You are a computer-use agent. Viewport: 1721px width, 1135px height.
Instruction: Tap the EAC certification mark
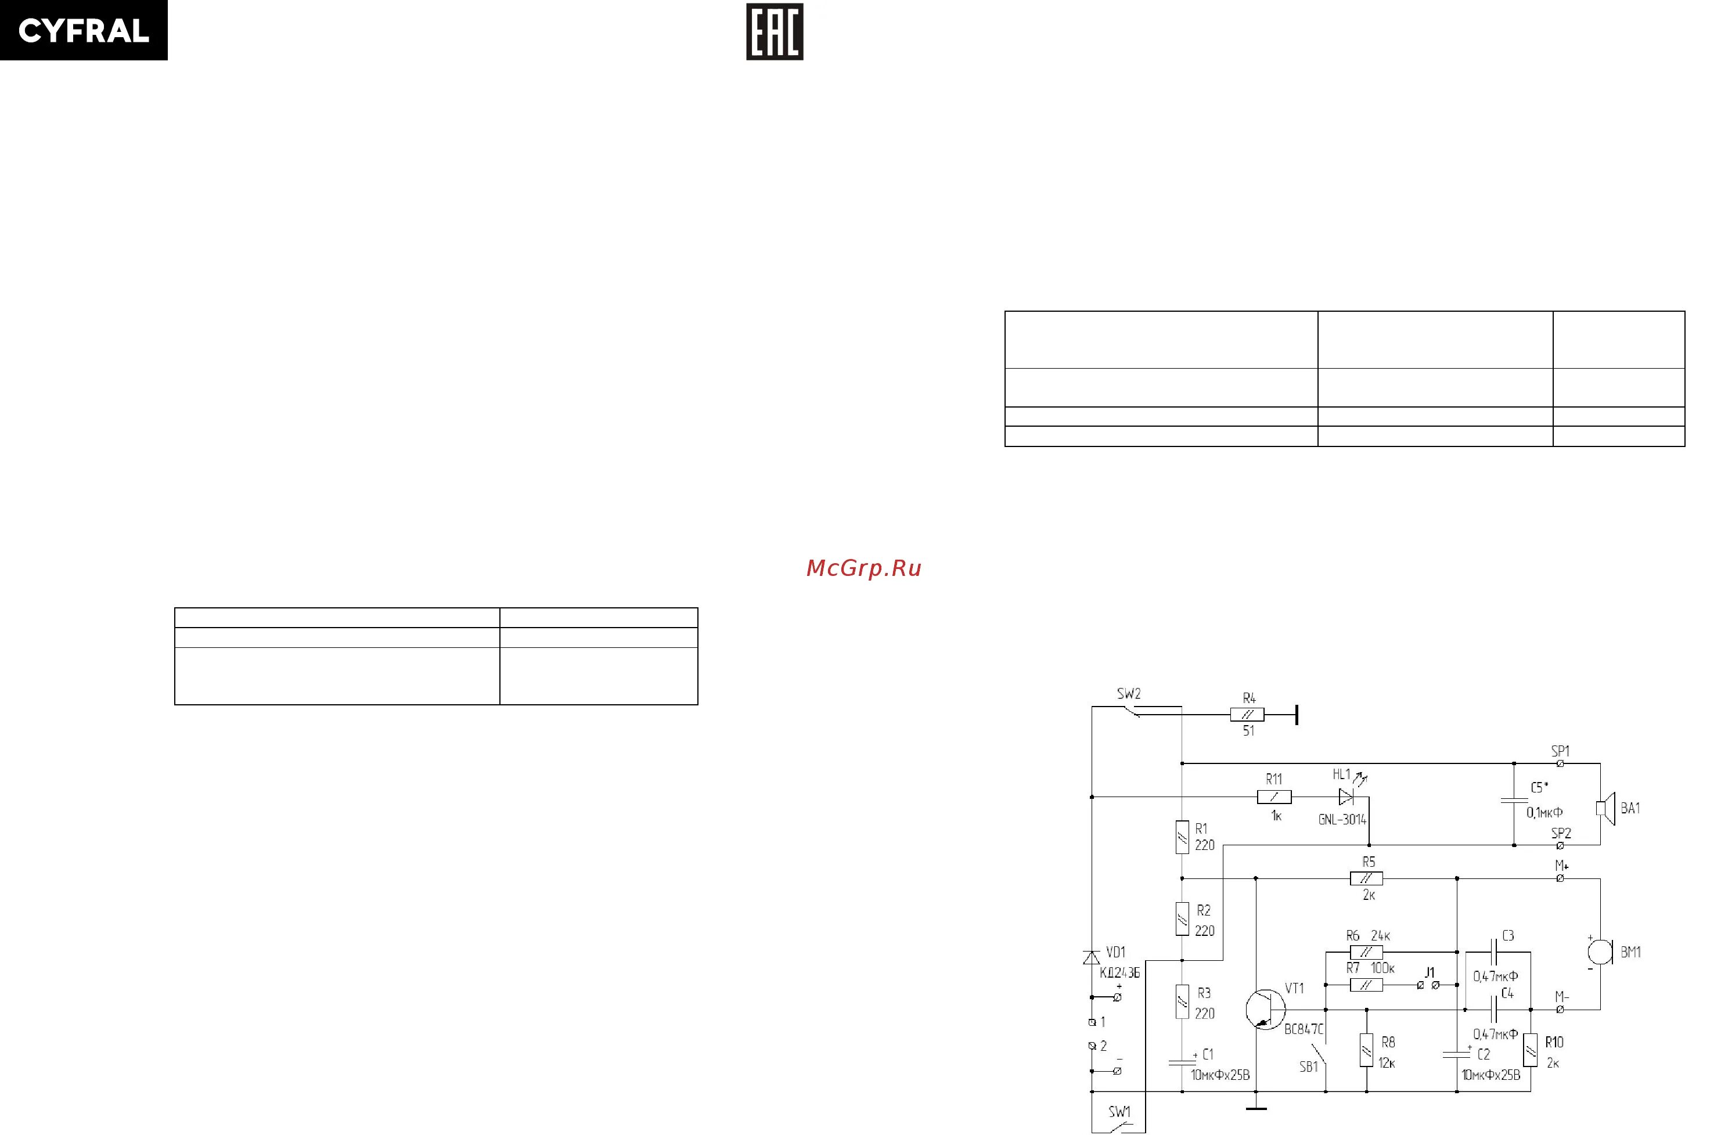tap(775, 33)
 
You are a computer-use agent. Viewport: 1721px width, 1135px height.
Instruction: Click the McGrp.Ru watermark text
tap(863, 568)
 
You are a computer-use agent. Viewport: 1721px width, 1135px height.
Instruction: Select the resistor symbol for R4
tap(1247, 715)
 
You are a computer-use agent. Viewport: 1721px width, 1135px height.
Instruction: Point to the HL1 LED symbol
tap(1346, 797)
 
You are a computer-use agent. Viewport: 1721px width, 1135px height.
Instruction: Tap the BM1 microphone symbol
tap(1600, 950)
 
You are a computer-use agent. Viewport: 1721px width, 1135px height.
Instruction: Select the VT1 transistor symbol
tap(1265, 1009)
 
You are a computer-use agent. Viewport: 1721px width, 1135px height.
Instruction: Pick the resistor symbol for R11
tap(1274, 797)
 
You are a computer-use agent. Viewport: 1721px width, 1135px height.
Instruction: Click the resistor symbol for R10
tap(1530, 1050)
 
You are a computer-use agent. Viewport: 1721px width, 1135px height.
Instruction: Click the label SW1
tap(1119, 1111)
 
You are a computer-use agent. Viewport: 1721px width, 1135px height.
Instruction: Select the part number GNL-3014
tap(1342, 819)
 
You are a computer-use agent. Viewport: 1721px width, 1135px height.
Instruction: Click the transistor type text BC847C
tap(1304, 1029)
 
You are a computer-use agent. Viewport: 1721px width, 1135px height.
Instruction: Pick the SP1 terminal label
tap(1560, 751)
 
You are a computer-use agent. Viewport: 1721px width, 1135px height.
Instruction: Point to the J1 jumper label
tap(1430, 973)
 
